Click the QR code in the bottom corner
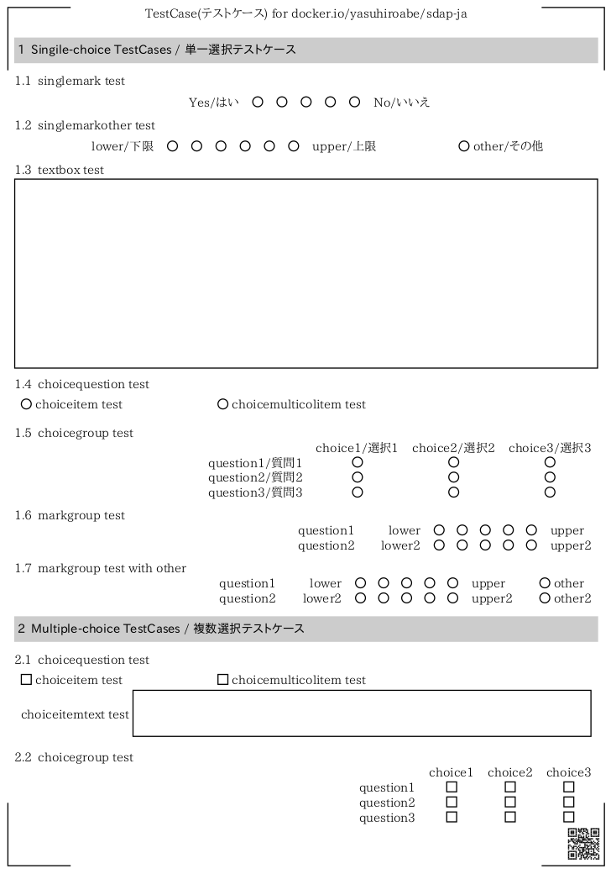(x=584, y=844)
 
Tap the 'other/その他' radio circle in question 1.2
(x=464, y=146)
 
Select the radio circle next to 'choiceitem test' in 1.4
(x=26, y=404)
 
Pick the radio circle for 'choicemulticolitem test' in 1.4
(x=222, y=404)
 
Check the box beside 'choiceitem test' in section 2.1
(x=26, y=680)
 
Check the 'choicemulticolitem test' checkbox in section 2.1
(x=222, y=680)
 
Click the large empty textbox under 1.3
(x=305, y=273)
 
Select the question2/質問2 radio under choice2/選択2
(x=453, y=477)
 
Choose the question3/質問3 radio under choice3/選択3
(x=550, y=492)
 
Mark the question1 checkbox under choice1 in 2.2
(x=452, y=787)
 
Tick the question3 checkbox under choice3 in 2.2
(x=569, y=817)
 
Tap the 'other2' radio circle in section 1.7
(x=545, y=598)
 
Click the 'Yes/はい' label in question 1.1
(x=214, y=103)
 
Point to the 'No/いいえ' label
(x=402, y=103)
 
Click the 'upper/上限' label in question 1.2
(x=344, y=146)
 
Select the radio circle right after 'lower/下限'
(x=173, y=146)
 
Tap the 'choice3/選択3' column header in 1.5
(x=550, y=448)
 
